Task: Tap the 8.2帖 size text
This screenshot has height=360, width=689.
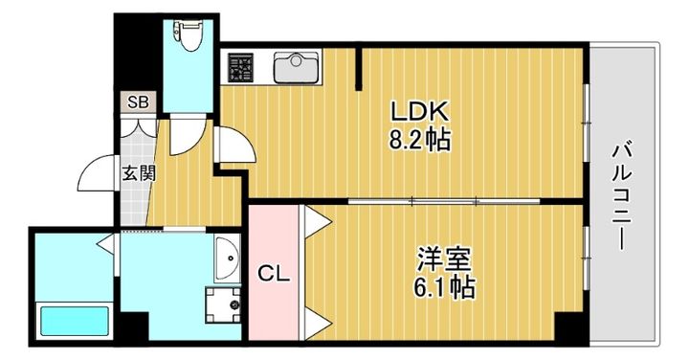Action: tap(419, 140)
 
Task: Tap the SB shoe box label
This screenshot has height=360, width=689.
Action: tap(139, 101)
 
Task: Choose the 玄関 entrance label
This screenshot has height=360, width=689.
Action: tap(133, 174)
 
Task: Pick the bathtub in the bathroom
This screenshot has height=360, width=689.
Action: tap(74, 319)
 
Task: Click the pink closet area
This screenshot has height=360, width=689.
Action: tap(274, 287)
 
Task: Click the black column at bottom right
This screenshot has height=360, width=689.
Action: tap(571, 327)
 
